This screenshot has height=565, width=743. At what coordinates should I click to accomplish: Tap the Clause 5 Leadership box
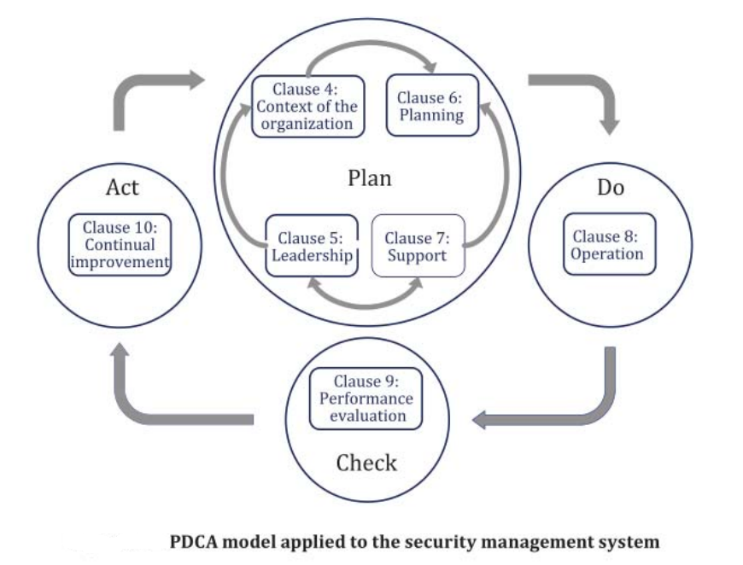point(310,246)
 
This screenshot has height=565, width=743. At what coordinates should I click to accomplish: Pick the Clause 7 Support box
point(417,246)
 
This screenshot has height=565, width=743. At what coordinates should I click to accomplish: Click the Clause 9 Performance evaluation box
point(366,399)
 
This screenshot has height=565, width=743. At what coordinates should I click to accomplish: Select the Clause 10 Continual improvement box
point(120,245)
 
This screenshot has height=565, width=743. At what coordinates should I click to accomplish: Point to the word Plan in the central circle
point(370,179)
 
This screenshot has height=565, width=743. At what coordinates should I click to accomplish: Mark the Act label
point(122,188)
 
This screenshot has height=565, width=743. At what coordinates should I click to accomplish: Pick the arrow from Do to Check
point(589,410)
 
